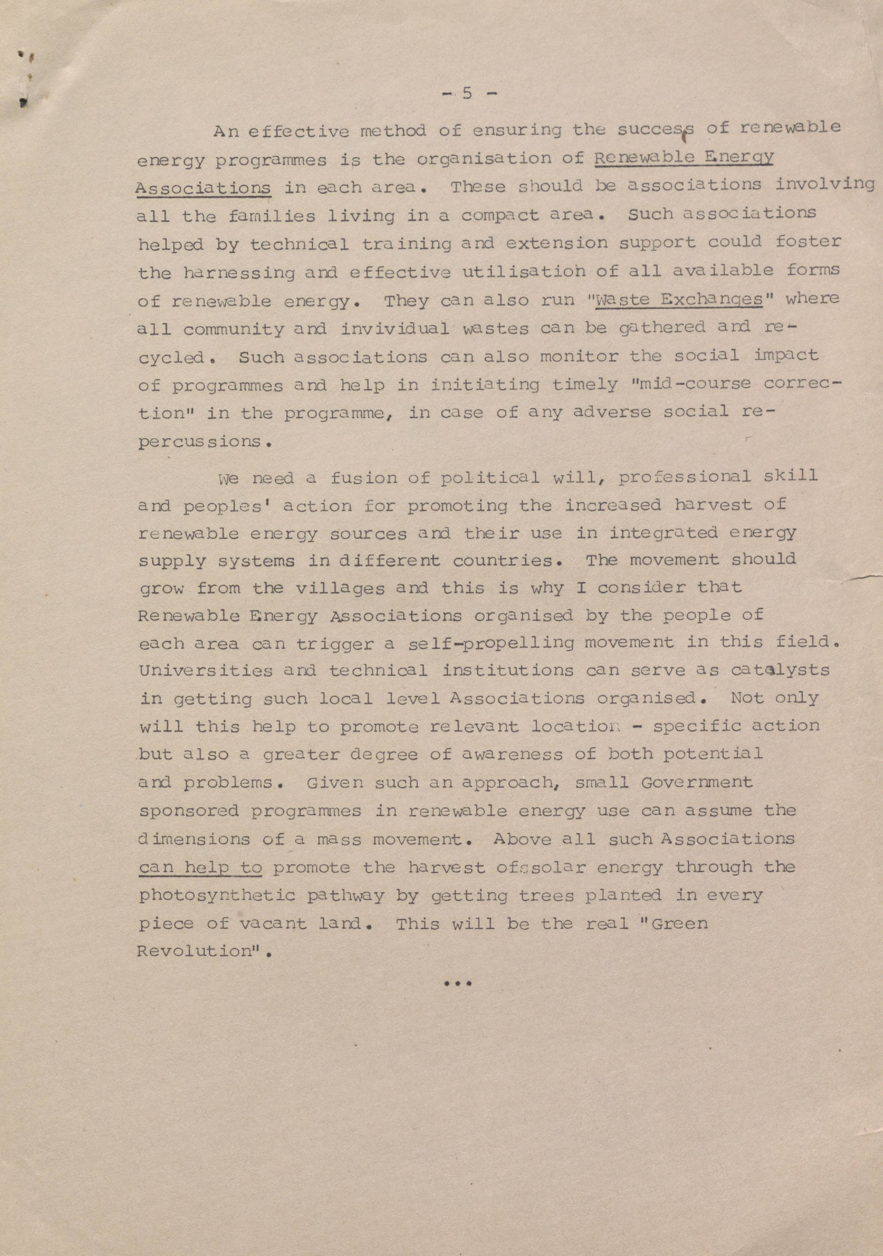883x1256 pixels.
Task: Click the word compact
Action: (499, 215)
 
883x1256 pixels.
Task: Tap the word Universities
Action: (206, 671)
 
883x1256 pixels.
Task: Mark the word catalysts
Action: (780, 670)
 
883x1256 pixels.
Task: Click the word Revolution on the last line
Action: (194, 951)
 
